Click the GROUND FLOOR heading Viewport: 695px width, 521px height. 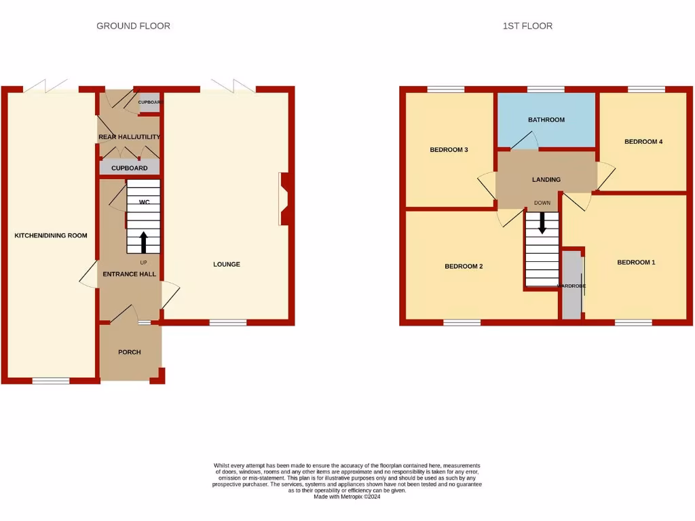pyautogui.click(x=133, y=26)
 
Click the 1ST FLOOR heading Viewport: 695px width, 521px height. pyautogui.click(x=527, y=26)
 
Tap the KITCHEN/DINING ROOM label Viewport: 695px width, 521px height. pyautogui.click(x=51, y=235)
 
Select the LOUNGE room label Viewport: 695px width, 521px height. pyautogui.click(x=227, y=264)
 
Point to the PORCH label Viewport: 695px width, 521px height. pyautogui.click(x=129, y=352)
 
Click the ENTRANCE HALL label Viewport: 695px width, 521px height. pyautogui.click(x=129, y=274)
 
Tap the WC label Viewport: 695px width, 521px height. pyautogui.click(x=144, y=202)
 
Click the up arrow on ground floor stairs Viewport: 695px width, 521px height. pyautogui.click(x=143, y=242)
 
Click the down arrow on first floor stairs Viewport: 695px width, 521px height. pyautogui.click(x=542, y=223)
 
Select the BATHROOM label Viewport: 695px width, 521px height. pyautogui.click(x=546, y=120)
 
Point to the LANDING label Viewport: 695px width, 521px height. pyautogui.click(x=546, y=180)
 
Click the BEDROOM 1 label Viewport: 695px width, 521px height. pyautogui.click(x=636, y=262)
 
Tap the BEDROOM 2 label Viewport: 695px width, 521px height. pyautogui.click(x=464, y=267)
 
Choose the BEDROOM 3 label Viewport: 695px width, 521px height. pyautogui.click(x=449, y=150)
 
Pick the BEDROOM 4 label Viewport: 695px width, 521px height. pyautogui.click(x=643, y=142)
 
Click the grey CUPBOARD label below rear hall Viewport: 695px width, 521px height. pyautogui.click(x=129, y=168)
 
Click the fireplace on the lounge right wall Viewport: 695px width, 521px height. pyautogui.click(x=283, y=198)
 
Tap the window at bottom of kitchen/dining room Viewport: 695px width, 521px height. pyautogui.click(x=51, y=381)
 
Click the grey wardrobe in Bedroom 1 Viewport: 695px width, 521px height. pyautogui.click(x=571, y=285)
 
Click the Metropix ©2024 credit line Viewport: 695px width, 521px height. pyautogui.click(x=347, y=497)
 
